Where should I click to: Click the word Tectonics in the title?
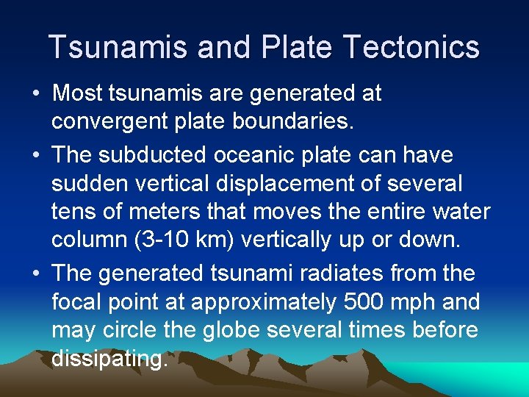click(x=411, y=47)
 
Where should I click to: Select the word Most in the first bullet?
click(x=77, y=93)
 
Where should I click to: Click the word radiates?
click(x=328, y=273)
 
